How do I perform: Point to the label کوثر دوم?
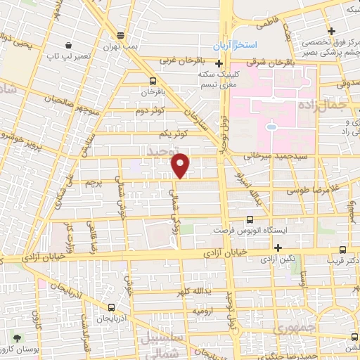coord(150,110)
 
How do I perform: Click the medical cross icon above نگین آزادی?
coord(278,247)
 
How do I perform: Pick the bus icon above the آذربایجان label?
coord(113,307)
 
